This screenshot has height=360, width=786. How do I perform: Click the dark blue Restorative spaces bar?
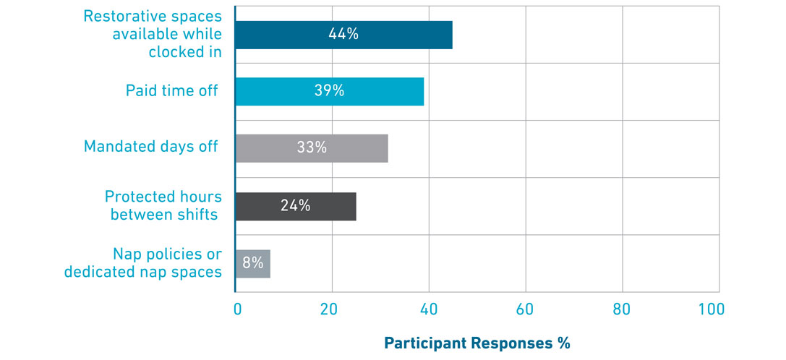[344, 34]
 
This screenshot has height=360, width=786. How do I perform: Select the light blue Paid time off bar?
[330, 91]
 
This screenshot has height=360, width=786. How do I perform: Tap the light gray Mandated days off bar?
[312, 147]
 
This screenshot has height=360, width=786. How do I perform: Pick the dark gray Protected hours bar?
[296, 205]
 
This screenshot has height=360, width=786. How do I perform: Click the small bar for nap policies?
[253, 263]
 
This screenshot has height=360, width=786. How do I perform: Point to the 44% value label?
[343, 34]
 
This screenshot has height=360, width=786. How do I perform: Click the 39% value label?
[328, 91]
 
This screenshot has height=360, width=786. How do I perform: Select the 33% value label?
[312, 147]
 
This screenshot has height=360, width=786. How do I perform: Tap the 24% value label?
[295, 205]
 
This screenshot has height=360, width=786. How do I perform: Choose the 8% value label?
[252, 263]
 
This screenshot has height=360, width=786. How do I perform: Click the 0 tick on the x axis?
[237, 309]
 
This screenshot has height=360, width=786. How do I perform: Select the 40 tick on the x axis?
[428, 309]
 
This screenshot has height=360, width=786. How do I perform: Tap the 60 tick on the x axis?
[524, 309]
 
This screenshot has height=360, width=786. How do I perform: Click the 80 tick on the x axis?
[621, 309]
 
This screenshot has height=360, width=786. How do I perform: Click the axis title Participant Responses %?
[477, 343]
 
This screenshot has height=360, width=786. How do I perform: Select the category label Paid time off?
[171, 91]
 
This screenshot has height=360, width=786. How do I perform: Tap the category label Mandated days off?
[150, 147]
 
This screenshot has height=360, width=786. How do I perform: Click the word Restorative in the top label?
[122, 16]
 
